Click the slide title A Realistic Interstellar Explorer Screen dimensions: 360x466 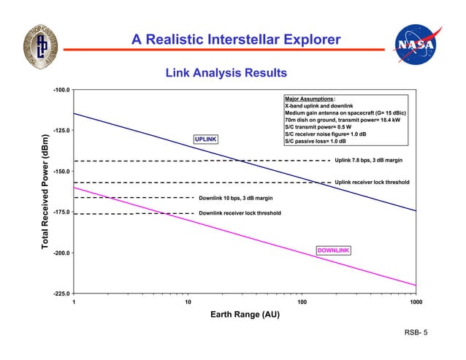[x=236, y=39]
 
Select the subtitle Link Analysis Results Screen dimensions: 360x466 [x=226, y=73]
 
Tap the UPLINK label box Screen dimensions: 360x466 [x=205, y=139]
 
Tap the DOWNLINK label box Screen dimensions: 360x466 [x=333, y=250]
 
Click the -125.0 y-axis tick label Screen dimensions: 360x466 [x=61, y=131]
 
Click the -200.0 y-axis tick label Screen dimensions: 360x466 [x=61, y=253]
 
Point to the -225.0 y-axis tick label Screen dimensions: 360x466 [x=61, y=294]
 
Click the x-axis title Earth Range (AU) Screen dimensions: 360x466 [x=245, y=315]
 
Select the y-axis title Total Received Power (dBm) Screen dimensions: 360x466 [x=45, y=191]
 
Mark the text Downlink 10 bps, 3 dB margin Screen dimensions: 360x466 [x=236, y=198]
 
